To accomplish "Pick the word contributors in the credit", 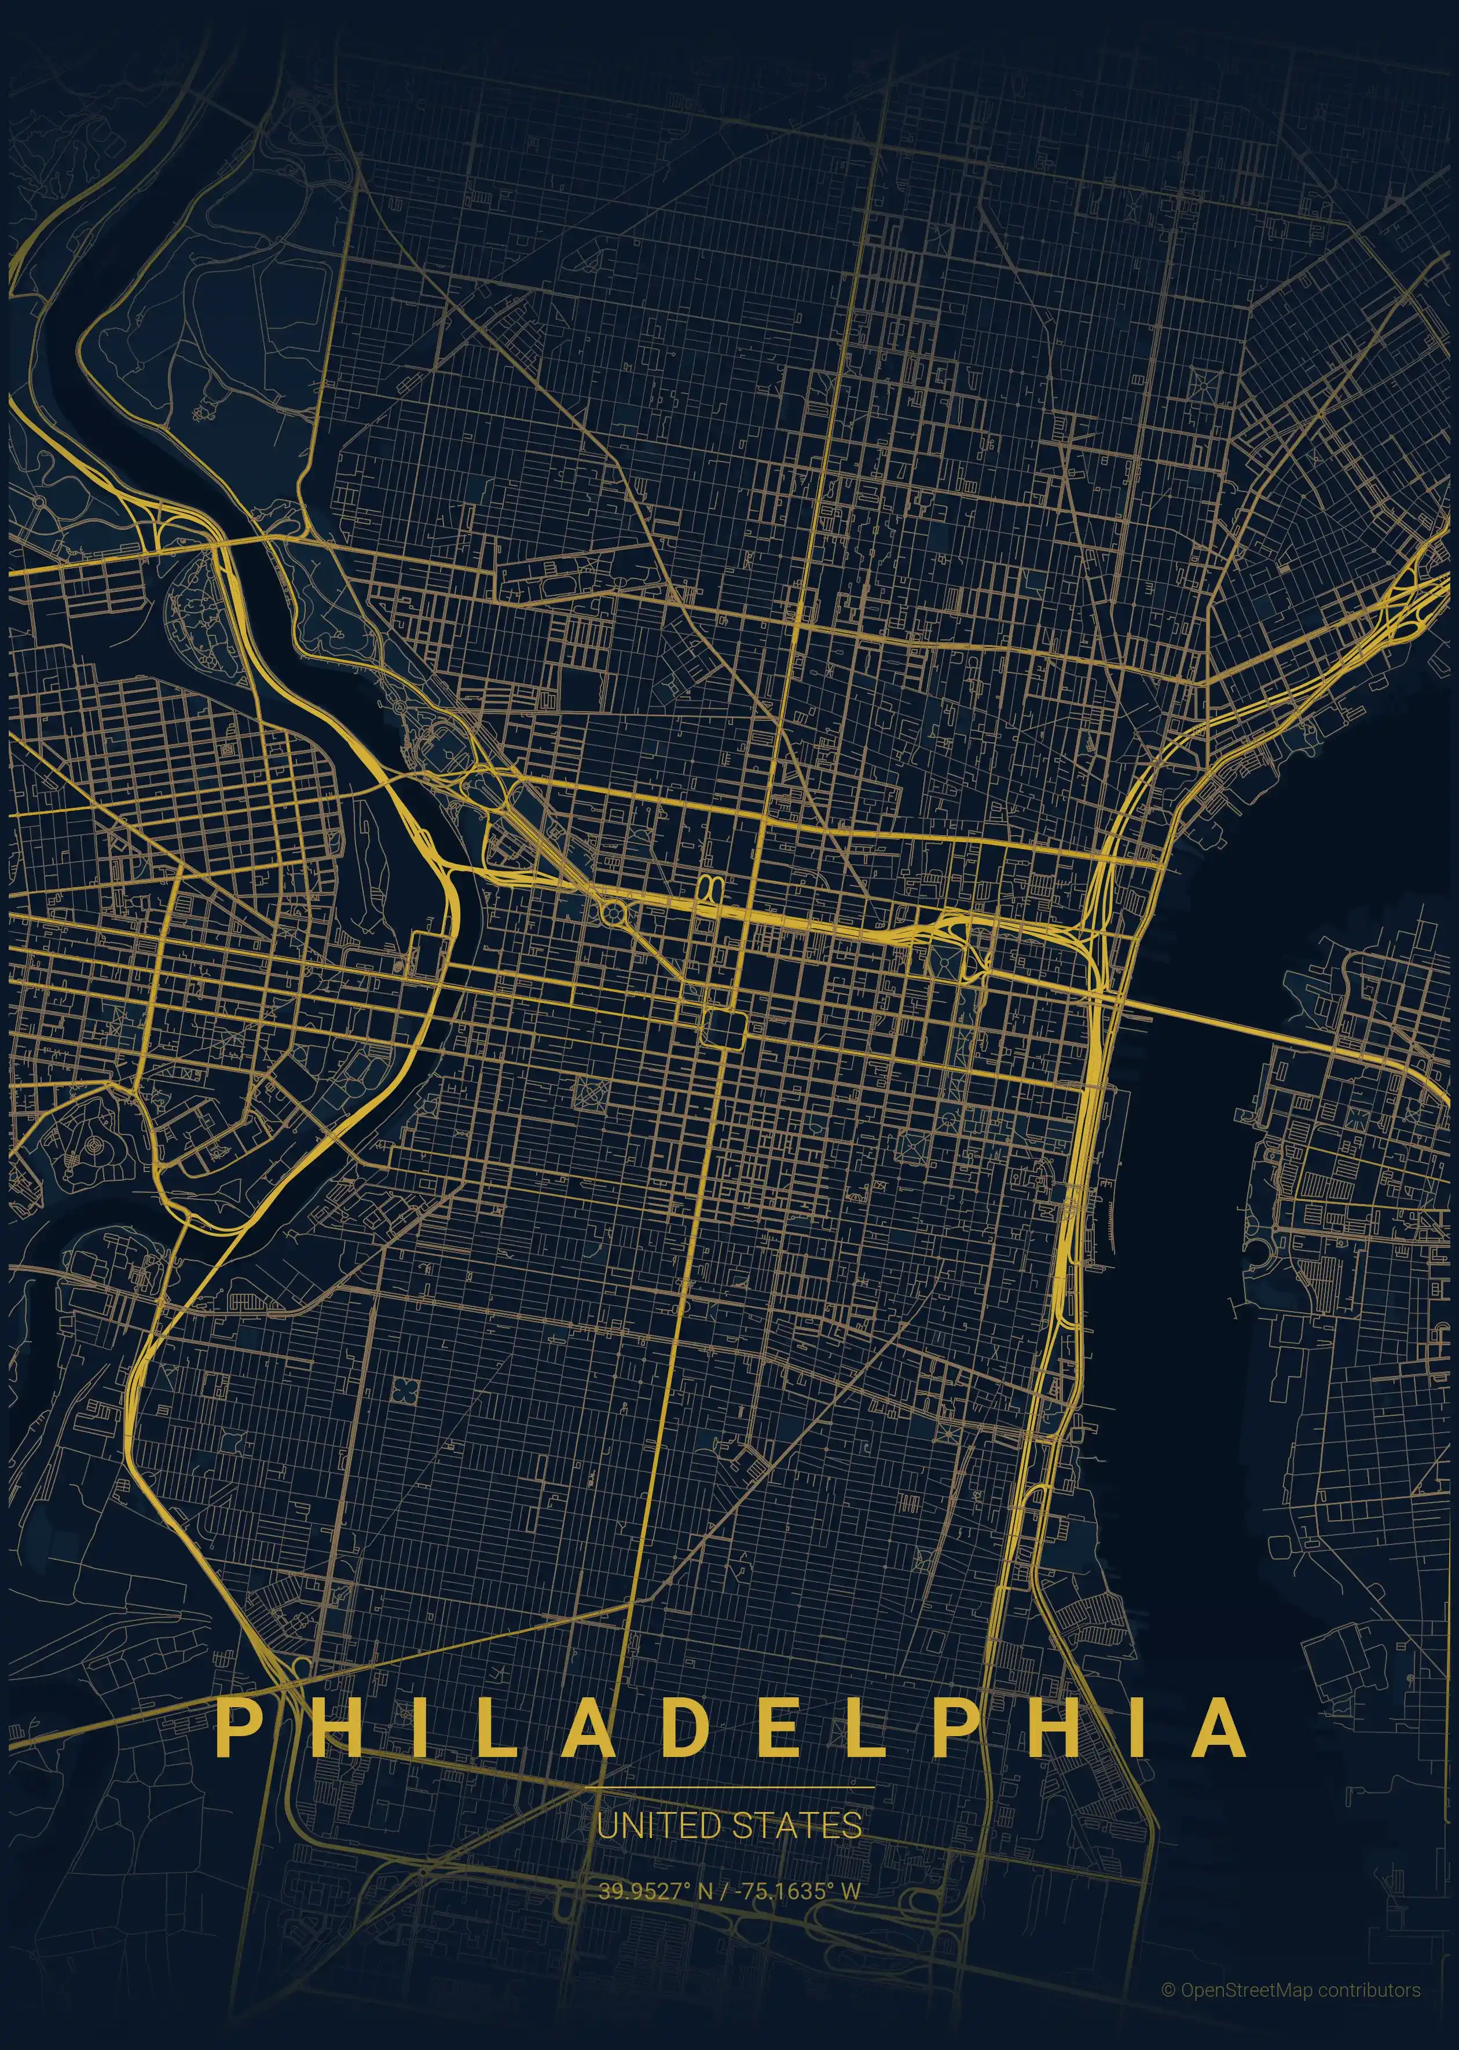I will tap(1369, 1990).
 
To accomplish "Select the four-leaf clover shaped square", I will tap(405, 1390).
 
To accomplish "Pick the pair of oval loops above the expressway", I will tap(710, 888).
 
